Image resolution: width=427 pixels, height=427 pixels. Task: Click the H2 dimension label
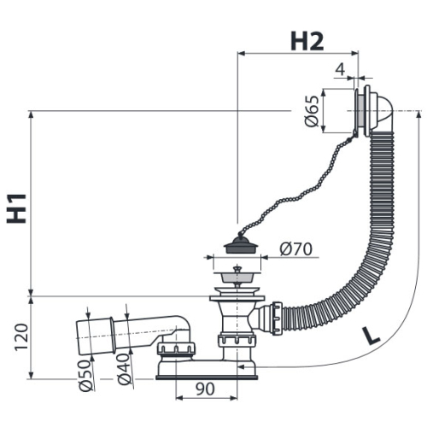click(307, 41)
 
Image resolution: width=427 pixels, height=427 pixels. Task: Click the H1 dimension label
click(17, 208)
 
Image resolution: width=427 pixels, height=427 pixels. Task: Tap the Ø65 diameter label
click(312, 111)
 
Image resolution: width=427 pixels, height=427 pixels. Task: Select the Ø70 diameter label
click(296, 249)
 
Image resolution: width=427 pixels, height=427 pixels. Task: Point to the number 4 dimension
click(340, 69)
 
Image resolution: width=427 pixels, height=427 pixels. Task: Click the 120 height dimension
click(22, 336)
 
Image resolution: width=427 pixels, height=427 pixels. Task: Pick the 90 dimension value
click(205, 389)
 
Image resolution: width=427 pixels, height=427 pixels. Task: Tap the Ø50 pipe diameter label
click(87, 376)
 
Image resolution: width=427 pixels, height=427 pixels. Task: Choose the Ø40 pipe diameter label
click(125, 369)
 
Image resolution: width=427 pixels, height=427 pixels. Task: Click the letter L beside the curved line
click(371, 336)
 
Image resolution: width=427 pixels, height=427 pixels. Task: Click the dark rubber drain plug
click(241, 244)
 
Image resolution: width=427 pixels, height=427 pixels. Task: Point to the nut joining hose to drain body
click(277, 319)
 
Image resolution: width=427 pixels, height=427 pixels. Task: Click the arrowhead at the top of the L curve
click(418, 114)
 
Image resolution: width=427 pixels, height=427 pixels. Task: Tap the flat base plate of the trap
click(207, 377)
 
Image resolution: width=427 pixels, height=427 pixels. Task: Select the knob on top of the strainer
click(237, 268)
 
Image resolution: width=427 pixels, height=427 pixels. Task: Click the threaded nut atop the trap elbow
click(177, 348)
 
